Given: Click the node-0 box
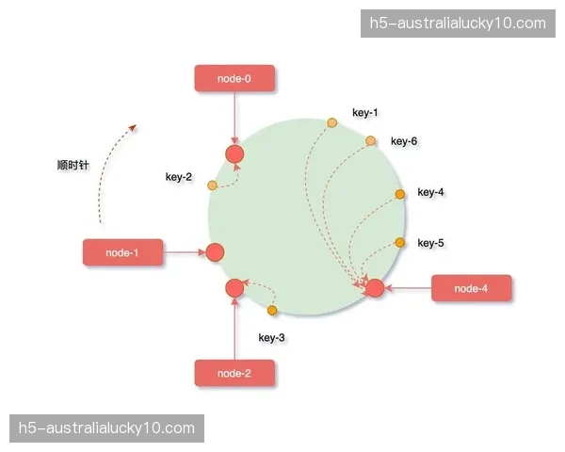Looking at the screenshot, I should point(234,79).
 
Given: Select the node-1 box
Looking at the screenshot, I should point(122,252).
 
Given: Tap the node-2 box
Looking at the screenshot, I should point(234,373).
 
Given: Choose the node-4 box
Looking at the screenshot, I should point(471,288).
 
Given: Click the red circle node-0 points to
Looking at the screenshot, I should point(234,154).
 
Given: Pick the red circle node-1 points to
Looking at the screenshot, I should point(214,252).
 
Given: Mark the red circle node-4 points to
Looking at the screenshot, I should point(375,287).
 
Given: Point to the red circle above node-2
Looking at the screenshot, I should point(234,288).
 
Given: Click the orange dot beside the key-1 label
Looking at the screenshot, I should point(331,122).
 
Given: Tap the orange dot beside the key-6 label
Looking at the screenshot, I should point(371,141).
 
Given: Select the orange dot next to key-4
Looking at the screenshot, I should point(400,194).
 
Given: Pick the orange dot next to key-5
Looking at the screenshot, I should point(400,243).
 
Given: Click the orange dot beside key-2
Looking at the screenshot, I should point(213,185).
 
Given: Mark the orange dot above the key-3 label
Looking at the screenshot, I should point(272,310).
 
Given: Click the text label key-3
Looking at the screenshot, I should point(271,337).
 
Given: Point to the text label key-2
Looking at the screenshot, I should point(179,177).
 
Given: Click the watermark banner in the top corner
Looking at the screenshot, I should point(456,24).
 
